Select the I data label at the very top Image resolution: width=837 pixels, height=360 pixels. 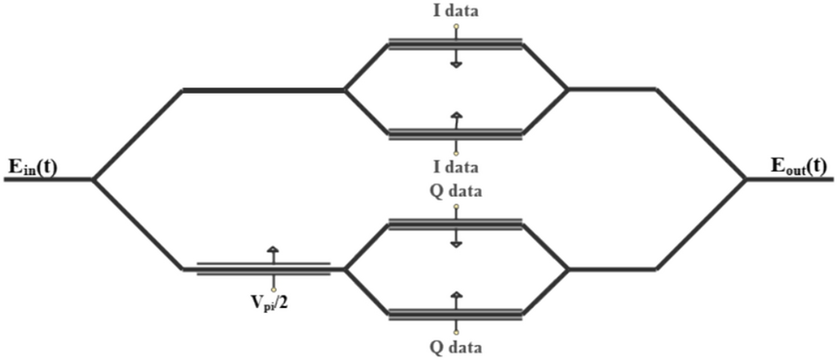coord(456,10)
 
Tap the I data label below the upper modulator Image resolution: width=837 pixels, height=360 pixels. coord(456,168)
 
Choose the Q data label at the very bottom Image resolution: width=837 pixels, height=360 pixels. coord(456,348)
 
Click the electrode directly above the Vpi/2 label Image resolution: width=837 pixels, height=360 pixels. coord(264,269)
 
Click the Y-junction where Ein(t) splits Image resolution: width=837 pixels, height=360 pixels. coord(94,179)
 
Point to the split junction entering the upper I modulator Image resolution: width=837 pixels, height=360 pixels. coord(345,90)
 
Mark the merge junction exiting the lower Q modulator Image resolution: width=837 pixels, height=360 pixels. coord(567,269)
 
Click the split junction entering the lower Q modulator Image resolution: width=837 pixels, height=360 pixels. coord(345,269)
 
